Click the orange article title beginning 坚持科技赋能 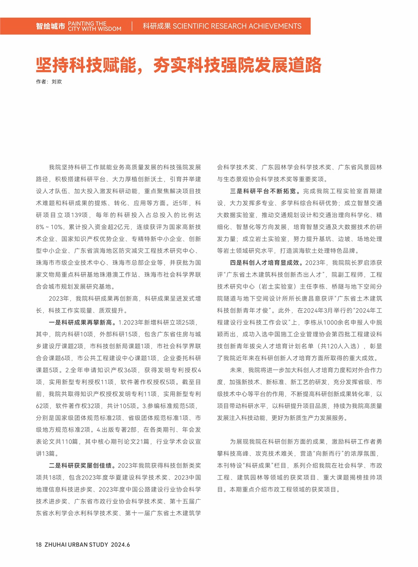pos(179,65)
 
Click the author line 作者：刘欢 pos(49,82)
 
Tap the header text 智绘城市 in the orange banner pos(50,26)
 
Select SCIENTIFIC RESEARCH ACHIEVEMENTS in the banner pos(237,26)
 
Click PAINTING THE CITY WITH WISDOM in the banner pos(95,26)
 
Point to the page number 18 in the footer pos(39,545)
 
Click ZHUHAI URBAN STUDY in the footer pos(76,545)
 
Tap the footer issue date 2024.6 pos(120,545)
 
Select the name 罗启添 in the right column pos(366,263)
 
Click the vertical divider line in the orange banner pos(132,26)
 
